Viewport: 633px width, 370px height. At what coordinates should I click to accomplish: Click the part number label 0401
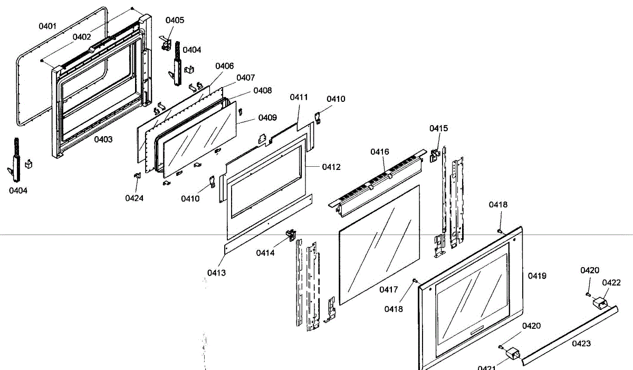point(47,26)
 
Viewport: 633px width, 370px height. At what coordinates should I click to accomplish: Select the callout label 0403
point(103,139)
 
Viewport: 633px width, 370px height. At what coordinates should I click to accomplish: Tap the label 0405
point(175,20)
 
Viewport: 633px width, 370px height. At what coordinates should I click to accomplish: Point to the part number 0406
point(224,66)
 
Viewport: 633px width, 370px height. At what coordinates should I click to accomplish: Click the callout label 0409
point(267,118)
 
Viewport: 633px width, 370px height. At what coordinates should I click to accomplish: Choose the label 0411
point(299,97)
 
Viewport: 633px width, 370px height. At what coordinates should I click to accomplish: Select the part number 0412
point(331,167)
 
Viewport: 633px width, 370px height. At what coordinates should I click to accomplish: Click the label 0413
point(216,273)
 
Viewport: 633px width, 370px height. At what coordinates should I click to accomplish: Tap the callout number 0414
point(266,253)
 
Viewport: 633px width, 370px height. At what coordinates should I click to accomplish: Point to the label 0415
point(438,128)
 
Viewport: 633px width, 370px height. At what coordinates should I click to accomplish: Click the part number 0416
point(379,152)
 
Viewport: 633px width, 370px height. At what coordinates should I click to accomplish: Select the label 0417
point(389,289)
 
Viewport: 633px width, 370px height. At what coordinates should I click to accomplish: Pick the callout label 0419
point(537,276)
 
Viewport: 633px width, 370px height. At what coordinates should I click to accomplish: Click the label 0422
point(611,282)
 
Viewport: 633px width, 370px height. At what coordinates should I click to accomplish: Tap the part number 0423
point(581,344)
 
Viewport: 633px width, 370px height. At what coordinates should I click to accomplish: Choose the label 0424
point(134,198)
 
